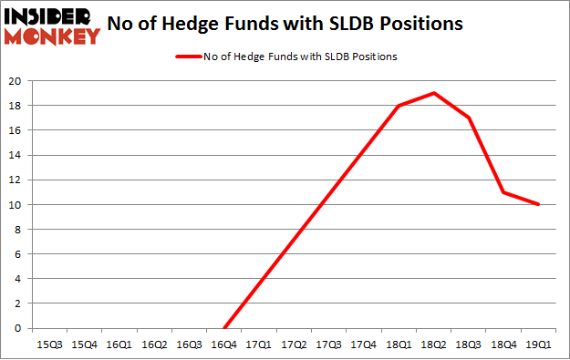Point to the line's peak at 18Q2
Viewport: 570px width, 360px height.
(433, 93)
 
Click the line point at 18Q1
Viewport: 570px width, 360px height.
(399, 106)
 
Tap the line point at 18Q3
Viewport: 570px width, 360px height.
(469, 118)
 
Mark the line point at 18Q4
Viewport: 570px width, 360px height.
(503, 192)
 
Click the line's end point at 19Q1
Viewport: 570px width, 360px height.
(538, 204)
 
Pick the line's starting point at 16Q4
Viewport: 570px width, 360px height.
(224, 328)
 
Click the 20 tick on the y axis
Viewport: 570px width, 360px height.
(16, 80)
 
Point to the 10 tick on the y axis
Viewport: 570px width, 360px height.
(16, 204)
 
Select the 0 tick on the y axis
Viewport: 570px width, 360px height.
(18, 328)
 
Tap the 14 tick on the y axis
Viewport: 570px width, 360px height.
(16, 155)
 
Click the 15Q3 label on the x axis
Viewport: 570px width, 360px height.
(49, 345)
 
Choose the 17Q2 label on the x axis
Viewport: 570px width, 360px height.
(294, 345)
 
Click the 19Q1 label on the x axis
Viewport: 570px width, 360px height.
(538, 345)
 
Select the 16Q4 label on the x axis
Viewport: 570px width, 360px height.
(224, 345)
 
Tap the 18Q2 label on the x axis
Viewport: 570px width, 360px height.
(433, 345)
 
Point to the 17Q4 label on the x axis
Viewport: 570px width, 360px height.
(364, 345)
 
